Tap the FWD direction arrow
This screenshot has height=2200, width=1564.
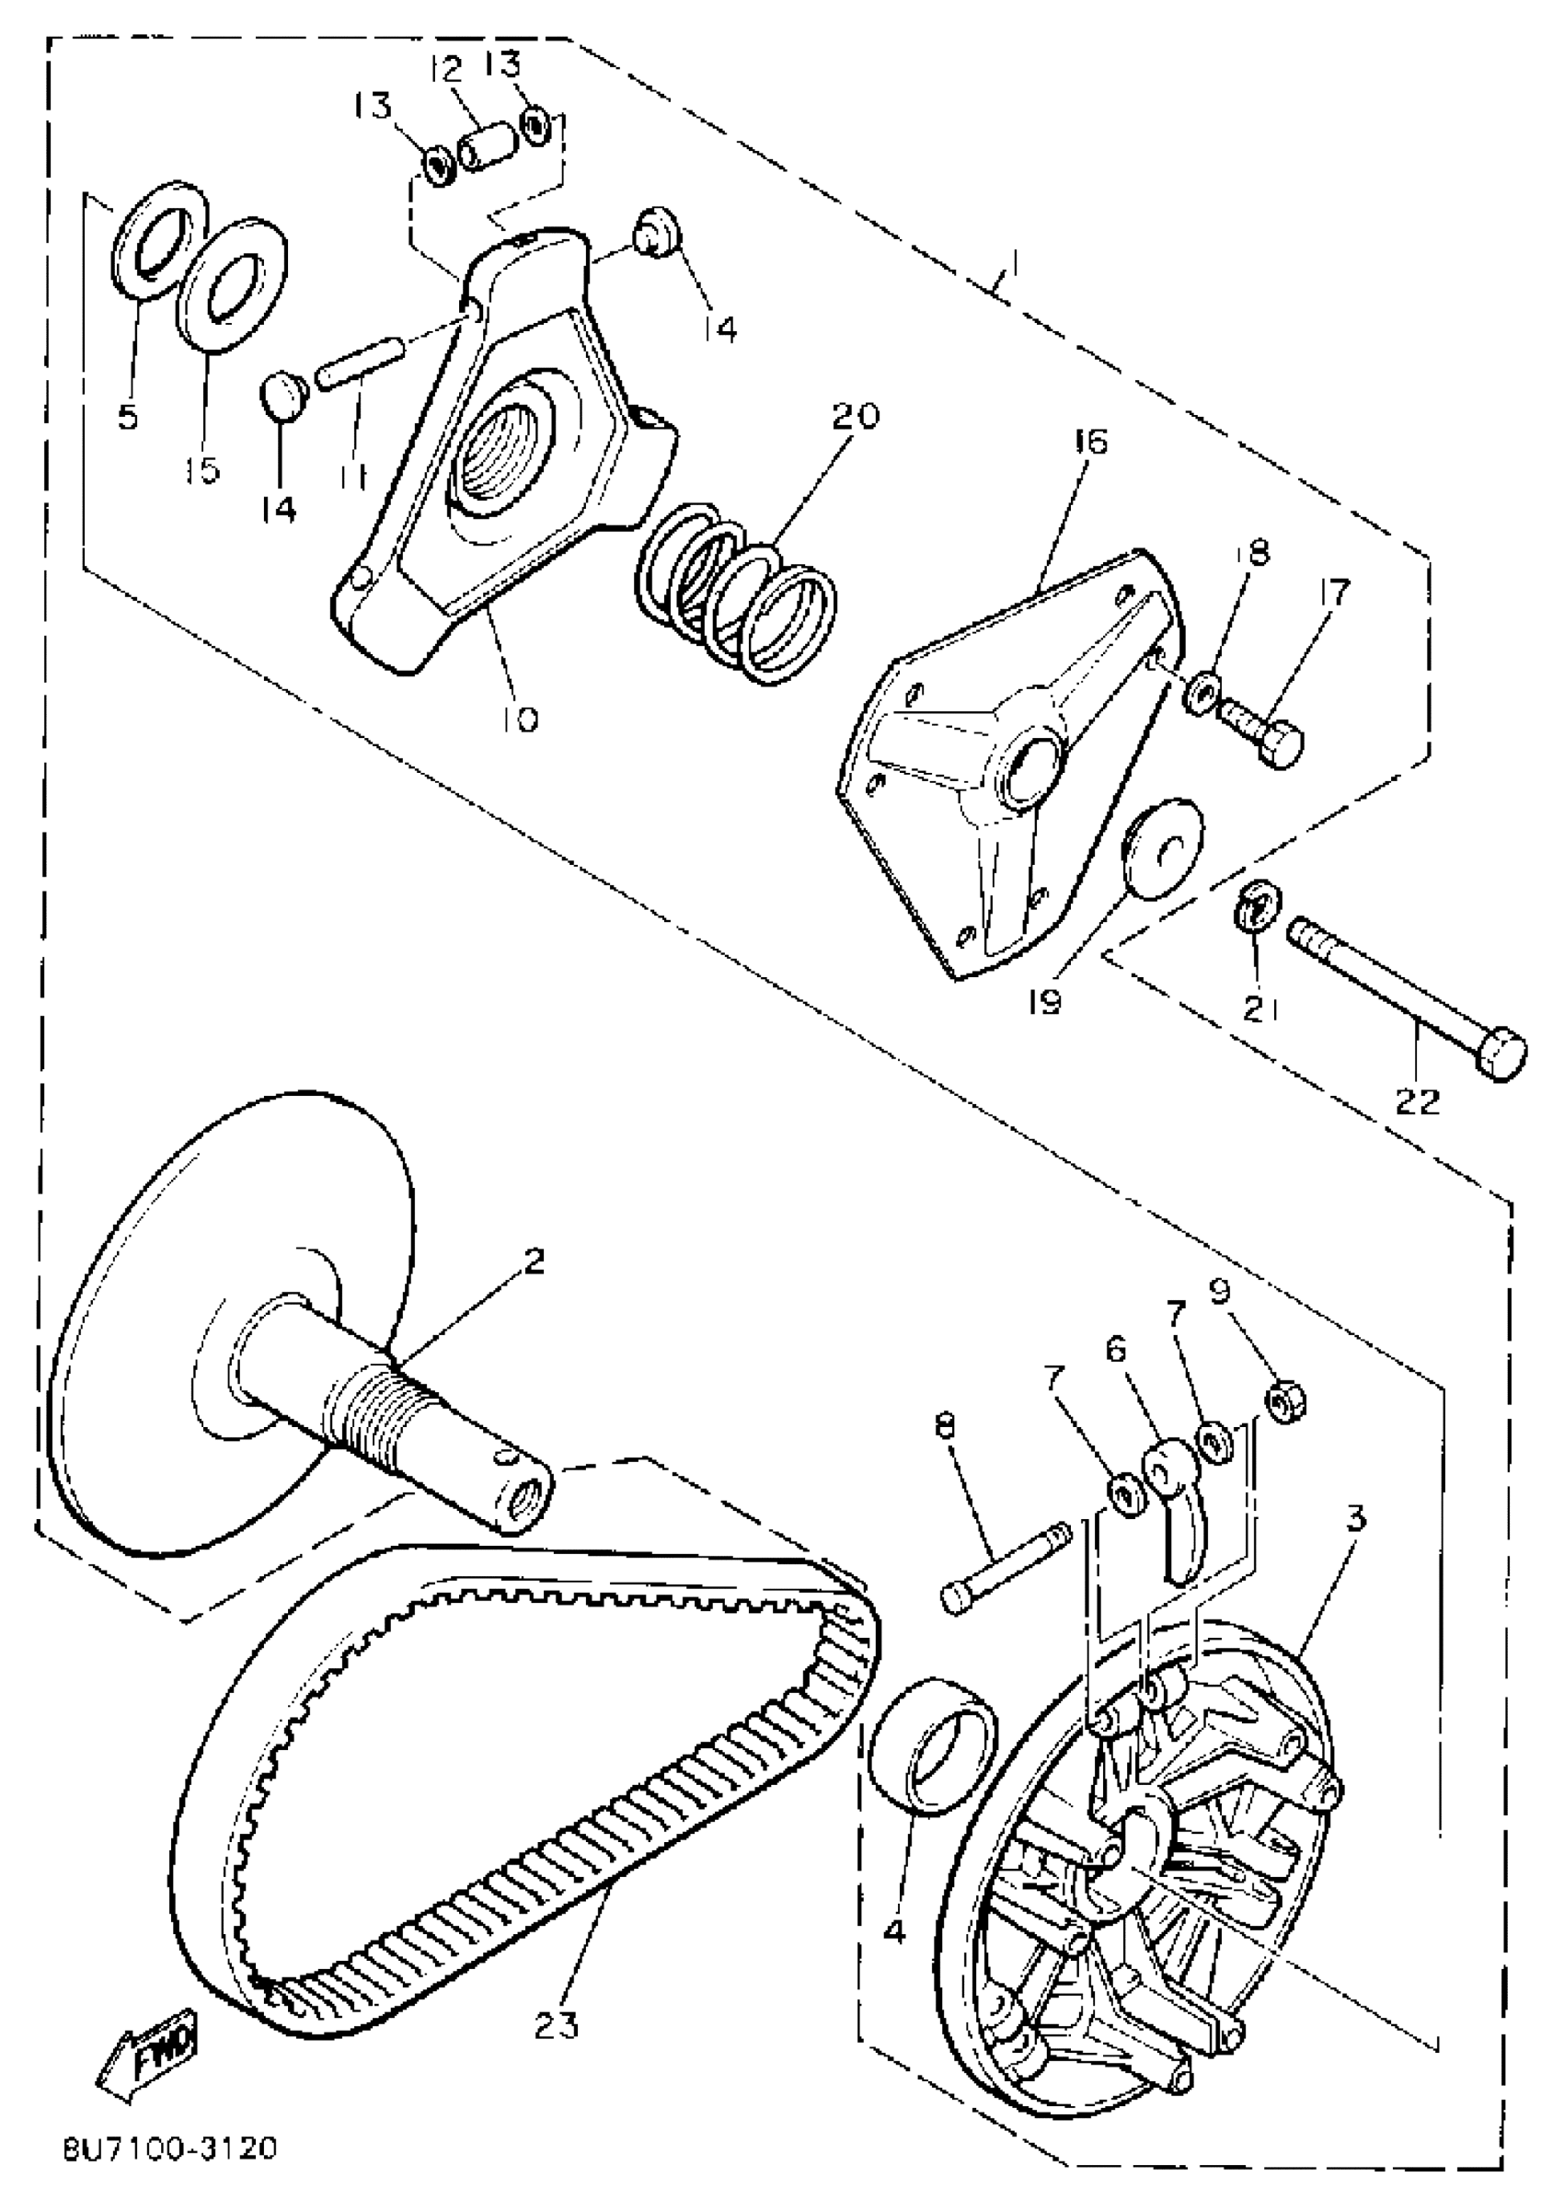[x=147, y=2061]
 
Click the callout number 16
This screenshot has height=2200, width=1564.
[x=1090, y=443]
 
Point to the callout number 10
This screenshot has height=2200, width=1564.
[x=519, y=718]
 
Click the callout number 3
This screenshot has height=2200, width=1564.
[x=1355, y=1519]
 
